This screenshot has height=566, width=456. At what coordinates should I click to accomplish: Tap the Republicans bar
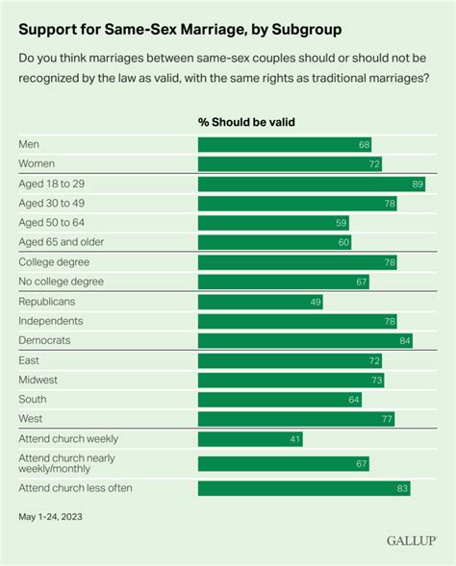coord(260,301)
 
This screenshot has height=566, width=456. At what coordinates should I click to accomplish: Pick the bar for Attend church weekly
coord(249,439)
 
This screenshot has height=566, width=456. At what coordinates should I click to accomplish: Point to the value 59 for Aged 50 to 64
coord(340,222)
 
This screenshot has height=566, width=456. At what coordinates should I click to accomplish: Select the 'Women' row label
coord(36,163)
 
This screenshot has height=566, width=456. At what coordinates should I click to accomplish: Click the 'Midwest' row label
coord(38,380)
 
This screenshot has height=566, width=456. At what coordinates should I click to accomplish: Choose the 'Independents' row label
coord(51,320)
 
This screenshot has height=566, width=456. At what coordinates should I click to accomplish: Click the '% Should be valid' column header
coord(246,122)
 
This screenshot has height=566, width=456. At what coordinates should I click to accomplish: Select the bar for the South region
coord(279,400)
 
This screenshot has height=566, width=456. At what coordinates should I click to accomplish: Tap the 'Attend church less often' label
coord(76,488)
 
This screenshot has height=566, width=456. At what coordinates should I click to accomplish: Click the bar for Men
coord(284,144)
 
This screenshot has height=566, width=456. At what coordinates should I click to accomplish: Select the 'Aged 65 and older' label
coord(63,242)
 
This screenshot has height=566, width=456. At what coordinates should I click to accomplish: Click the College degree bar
coord(296,261)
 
